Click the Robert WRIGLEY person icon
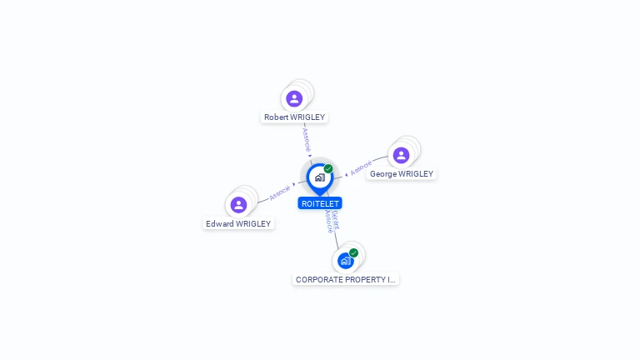pos(294,98)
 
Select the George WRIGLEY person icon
pos(401,155)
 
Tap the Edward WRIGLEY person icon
pos(238,204)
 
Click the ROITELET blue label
pos(320,203)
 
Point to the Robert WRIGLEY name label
pos(294,117)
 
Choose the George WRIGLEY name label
pos(402,174)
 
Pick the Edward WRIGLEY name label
pos(239,223)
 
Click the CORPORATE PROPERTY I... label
pos(346,280)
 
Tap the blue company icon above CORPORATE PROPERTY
pos(345,261)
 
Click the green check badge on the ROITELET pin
pos(328,168)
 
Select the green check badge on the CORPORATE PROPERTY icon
pos(354,252)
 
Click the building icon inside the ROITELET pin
pos(319,177)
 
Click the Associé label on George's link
pos(361,168)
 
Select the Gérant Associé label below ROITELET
pos(332,221)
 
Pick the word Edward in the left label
pos(220,223)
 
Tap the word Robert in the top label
pos(276,117)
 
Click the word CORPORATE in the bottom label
pos(319,280)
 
